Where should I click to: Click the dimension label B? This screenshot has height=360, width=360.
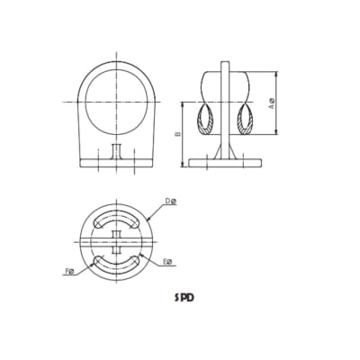[x=179, y=133]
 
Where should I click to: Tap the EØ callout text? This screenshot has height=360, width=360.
[x=167, y=263]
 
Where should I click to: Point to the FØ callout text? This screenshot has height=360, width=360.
[x=69, y=269]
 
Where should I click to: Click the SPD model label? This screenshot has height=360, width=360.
[x=185, y=295]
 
